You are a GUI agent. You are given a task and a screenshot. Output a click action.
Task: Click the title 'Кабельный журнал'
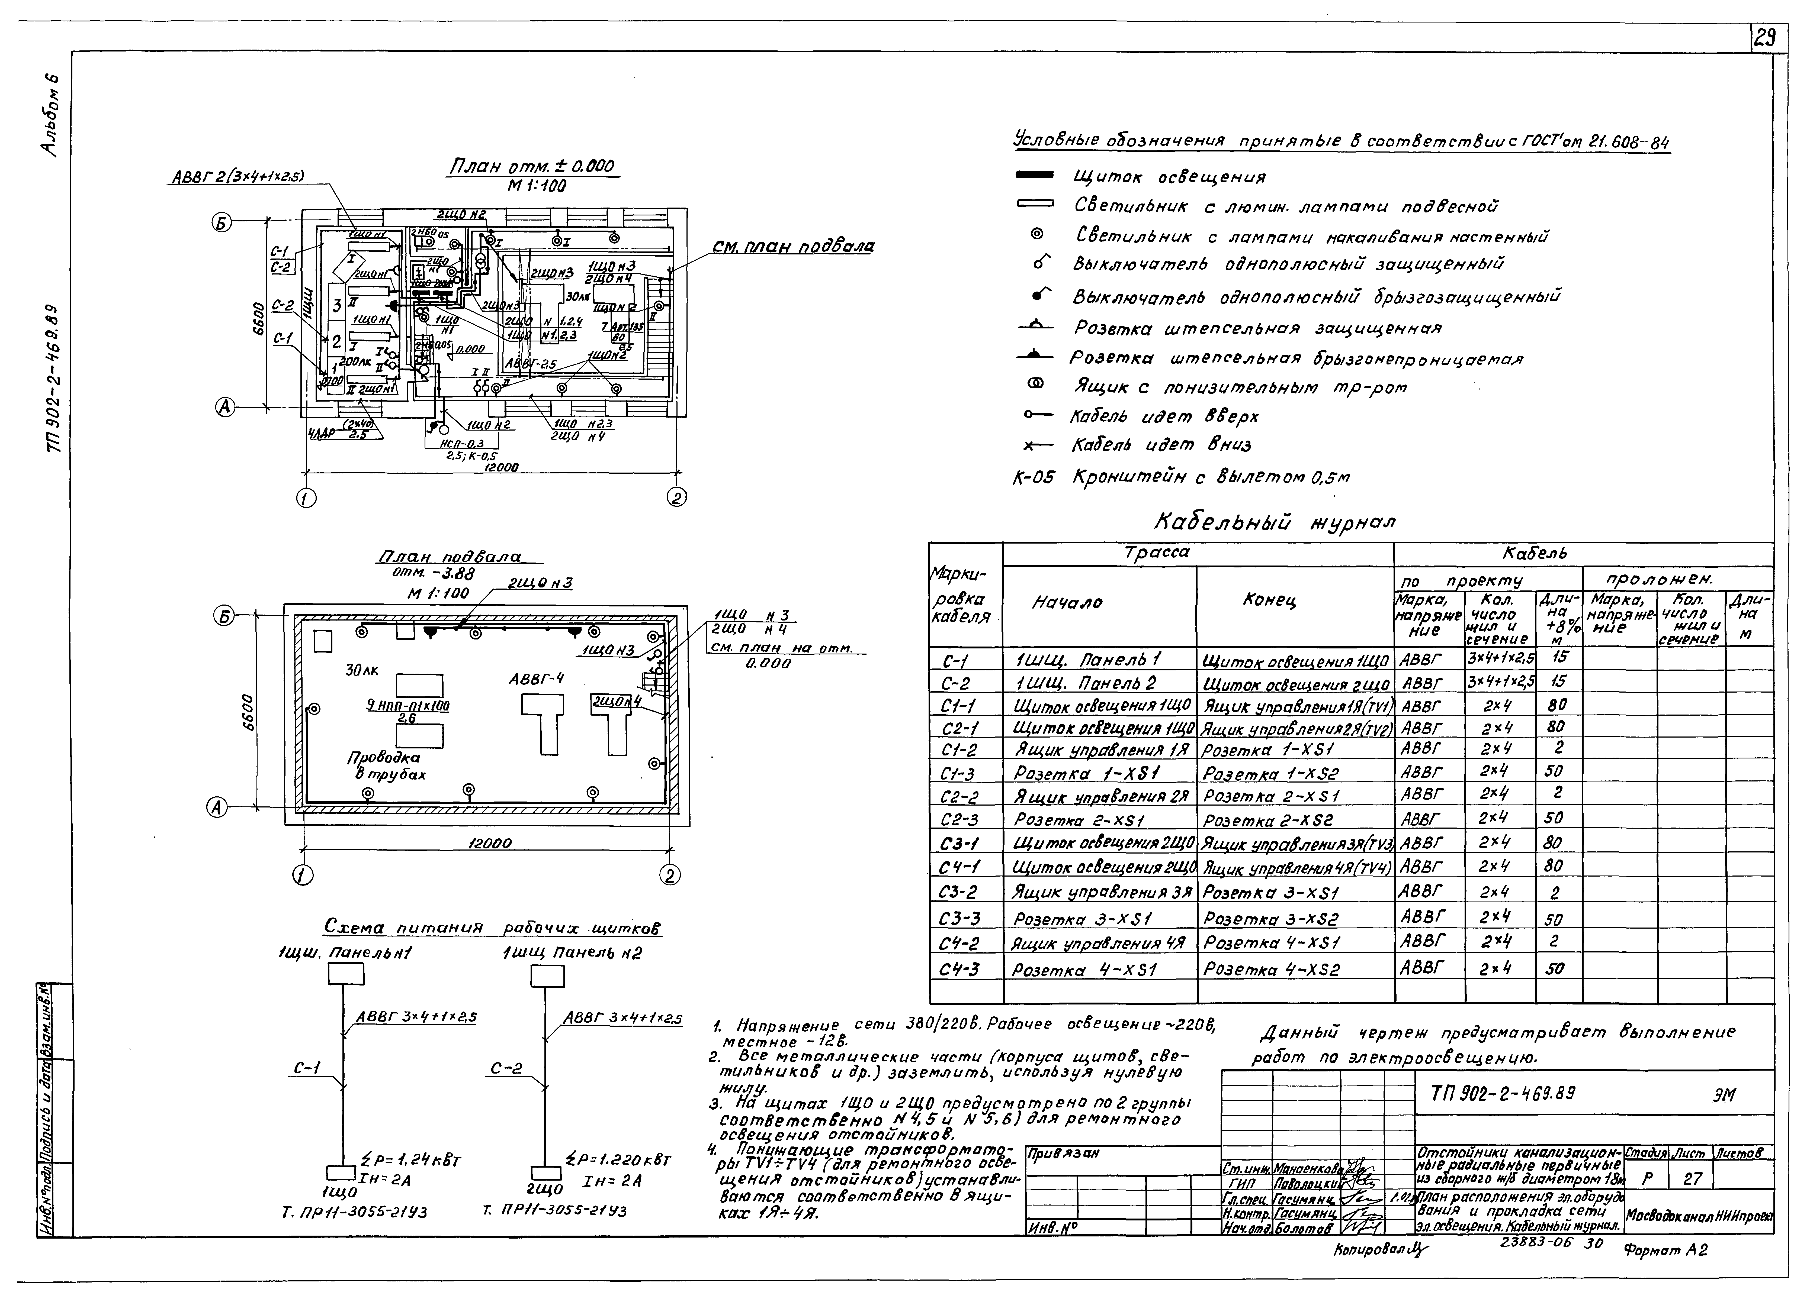click(x=1275, y=522)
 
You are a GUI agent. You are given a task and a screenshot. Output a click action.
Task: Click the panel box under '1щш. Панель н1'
click(x=346, y=974)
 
